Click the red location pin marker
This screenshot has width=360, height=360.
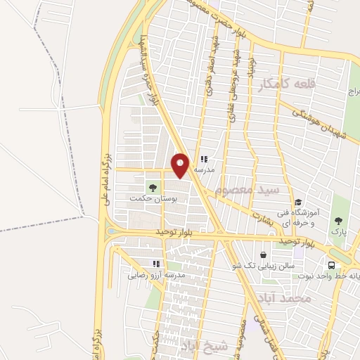(x=181, y=165)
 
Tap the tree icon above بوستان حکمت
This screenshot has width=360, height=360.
(x=152, y=187)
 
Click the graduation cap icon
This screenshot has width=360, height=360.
(x=298, y=201)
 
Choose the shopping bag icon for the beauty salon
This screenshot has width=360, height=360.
(x=262, y=255)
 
